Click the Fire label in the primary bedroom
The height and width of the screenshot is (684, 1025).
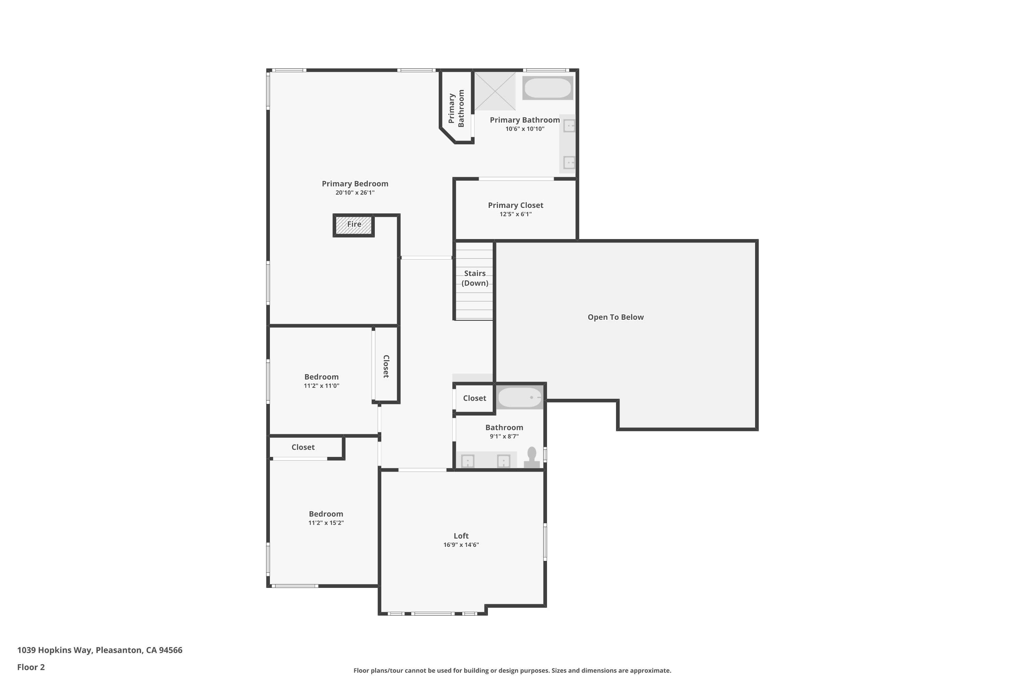pos(354,224)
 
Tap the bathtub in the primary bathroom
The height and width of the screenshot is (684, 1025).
pos(547,88)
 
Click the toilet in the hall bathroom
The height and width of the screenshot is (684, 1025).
pos(531,457)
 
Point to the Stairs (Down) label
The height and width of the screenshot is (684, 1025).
pos(475,278)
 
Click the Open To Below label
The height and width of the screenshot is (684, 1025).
pos(615,317)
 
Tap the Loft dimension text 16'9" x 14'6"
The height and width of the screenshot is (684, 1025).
pos(461,544)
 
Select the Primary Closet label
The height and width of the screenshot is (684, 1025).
pos(515,205)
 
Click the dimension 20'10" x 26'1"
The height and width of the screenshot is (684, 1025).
pos(355,192)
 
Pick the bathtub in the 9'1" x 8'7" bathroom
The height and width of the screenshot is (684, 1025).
pos(520,397)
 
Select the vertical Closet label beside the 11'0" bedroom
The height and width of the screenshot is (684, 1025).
pos(386,366)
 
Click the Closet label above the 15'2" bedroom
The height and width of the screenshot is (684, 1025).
pos(303,447)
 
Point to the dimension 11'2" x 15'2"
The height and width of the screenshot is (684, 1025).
pos(326,523)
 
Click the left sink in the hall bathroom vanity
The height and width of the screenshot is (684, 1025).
pos(468,461)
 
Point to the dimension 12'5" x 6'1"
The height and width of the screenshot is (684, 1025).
pos(515,214)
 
